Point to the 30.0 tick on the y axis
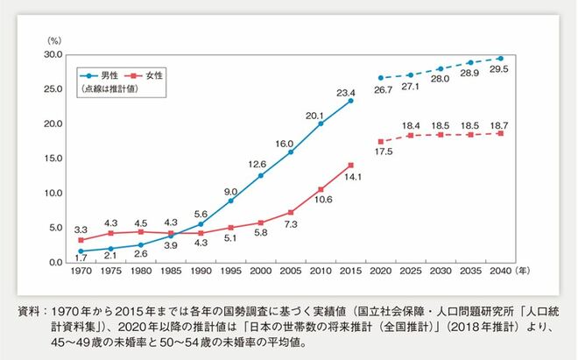52,54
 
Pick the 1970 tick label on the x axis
81,273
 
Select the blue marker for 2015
350,100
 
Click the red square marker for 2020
379,141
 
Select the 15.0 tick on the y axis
52,159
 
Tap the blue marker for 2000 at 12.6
261,175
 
